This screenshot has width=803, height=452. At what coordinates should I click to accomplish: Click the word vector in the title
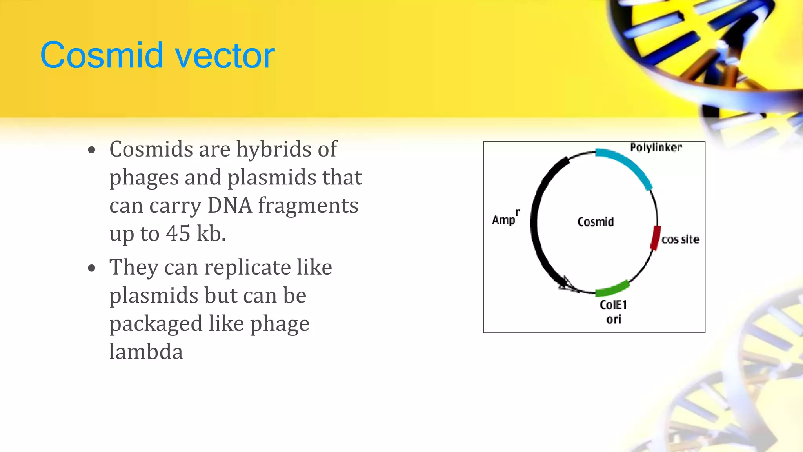click(x=224, y=55)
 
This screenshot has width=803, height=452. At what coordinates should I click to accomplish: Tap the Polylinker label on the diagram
click(x=656, y=148)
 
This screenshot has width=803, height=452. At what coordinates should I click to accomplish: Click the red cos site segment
click(x=655, y=238)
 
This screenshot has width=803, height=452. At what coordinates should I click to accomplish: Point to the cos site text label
click(x=680, y=239)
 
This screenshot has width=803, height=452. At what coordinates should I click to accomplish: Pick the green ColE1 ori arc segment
click(x=613, y=289)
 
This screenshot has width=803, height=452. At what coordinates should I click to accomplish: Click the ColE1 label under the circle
click(x=613, y=304)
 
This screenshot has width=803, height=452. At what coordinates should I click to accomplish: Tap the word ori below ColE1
click(x=614, y=319)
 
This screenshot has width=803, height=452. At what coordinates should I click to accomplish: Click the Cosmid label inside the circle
click(x=596, y=222)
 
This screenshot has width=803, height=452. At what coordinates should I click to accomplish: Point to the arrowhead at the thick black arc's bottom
click(x=567, y=284)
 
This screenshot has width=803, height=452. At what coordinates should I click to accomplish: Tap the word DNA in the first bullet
click(x=230, y=205)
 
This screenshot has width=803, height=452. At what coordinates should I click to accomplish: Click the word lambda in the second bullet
click(x=146, y=352)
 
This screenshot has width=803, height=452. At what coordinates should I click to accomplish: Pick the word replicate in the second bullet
click(x=247, y=268)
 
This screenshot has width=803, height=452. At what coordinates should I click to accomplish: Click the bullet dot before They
click(x=92, y=268)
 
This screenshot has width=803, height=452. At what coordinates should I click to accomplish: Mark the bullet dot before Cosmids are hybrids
click(x=92, y=150)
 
